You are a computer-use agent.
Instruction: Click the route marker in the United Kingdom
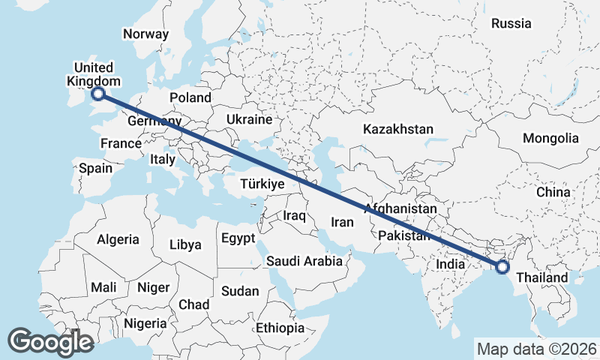97,94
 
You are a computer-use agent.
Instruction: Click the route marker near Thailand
502,266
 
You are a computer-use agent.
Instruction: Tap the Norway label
146,34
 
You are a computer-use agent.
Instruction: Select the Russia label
511,23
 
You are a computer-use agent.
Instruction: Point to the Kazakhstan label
397,129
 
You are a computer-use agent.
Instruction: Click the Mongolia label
551,138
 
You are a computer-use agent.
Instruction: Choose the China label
553,192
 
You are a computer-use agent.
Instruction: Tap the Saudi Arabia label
303,261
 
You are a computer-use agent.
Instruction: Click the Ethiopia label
280,328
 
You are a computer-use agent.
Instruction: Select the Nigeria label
145,323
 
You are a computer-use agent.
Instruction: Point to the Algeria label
118,239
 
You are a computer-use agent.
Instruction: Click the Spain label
95,168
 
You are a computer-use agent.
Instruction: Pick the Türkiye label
262,184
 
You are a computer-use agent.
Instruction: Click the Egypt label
239,238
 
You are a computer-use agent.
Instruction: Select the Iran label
342,222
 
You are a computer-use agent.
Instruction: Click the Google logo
50,341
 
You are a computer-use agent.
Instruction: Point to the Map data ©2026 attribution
536,349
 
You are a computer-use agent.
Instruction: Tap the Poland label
190,97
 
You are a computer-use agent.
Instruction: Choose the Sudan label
240,290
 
